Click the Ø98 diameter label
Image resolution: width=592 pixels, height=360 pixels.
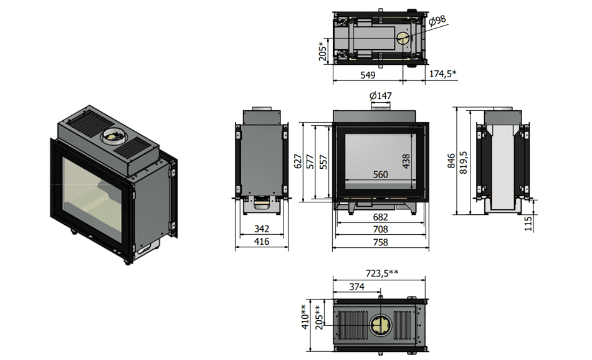tap(437, 20)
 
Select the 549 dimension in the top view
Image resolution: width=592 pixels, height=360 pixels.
tap(368, 75)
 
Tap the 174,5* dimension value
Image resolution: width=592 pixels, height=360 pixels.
tap(443, 73)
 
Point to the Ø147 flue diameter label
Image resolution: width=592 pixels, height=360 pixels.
tap(381, 95)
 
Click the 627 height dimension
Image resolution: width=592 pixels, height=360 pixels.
tap(298, 161)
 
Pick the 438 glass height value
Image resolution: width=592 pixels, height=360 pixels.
tap(406, 161)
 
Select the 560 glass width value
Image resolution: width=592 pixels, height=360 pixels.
tap(381, 174)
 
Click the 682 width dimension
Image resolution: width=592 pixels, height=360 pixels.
tap(381, 217)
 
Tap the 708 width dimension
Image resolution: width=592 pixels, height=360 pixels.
tap(381, 229)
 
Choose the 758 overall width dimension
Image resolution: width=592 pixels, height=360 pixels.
tap(381, 242)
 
